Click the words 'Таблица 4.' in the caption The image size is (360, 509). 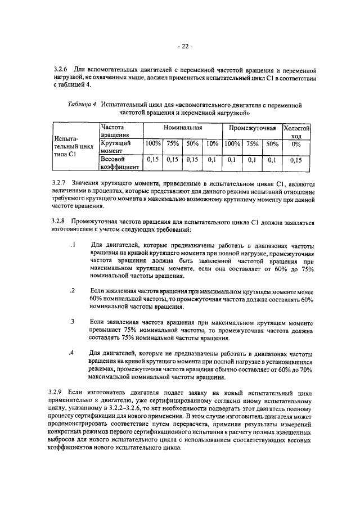point(83,105)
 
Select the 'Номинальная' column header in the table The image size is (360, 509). point(182,129)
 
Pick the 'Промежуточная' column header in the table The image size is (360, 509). point(252,129)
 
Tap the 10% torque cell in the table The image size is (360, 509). point(212,144)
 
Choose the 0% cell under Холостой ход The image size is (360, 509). point(296,144)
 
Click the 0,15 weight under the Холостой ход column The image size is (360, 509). point(296,160)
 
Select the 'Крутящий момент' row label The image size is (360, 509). point(116,147)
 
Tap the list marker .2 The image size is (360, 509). point(73,290)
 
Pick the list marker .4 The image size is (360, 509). point(73,353)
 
